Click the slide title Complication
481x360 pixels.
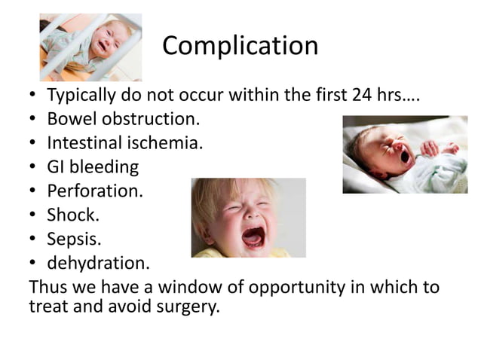click(x=240, y=47)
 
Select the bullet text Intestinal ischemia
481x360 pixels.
click(x=125, y=143)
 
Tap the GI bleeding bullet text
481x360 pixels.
click(x=93, y=167)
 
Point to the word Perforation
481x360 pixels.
click(x=95, y=191)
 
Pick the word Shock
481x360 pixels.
click(x=73, y=215)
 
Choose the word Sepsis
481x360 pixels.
click(x=74, y=239)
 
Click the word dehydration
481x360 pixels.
click(x=98, y=264)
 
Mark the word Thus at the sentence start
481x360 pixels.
click(x=44, y=288)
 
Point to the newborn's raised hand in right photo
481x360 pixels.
click(x=430, y=148)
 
